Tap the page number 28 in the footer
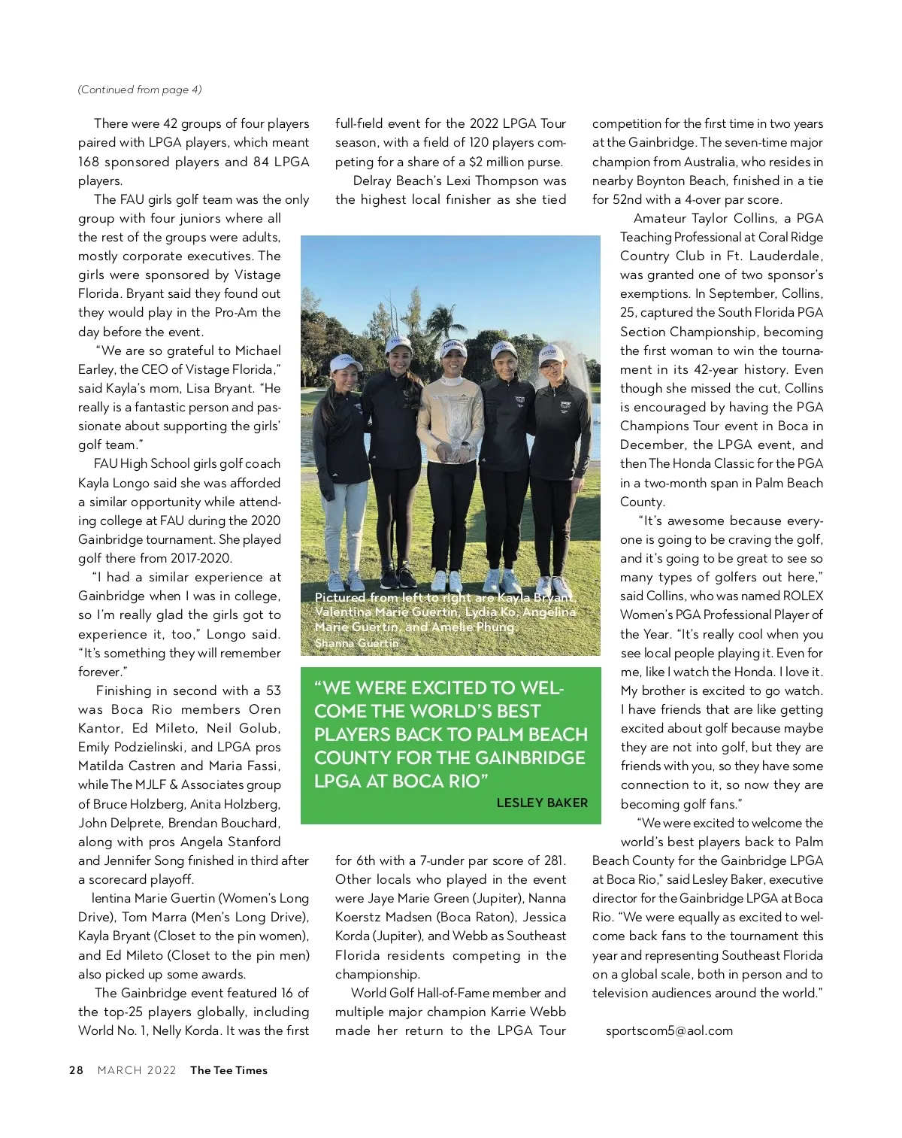click(76, 1070)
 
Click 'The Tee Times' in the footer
click(229, 1070)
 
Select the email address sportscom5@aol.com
click(669, 1030)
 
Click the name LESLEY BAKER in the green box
click(542, 803)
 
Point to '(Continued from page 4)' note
click(140, 90)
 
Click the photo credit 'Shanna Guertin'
click(356, 643)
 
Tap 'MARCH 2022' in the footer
click(137, 1070)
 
